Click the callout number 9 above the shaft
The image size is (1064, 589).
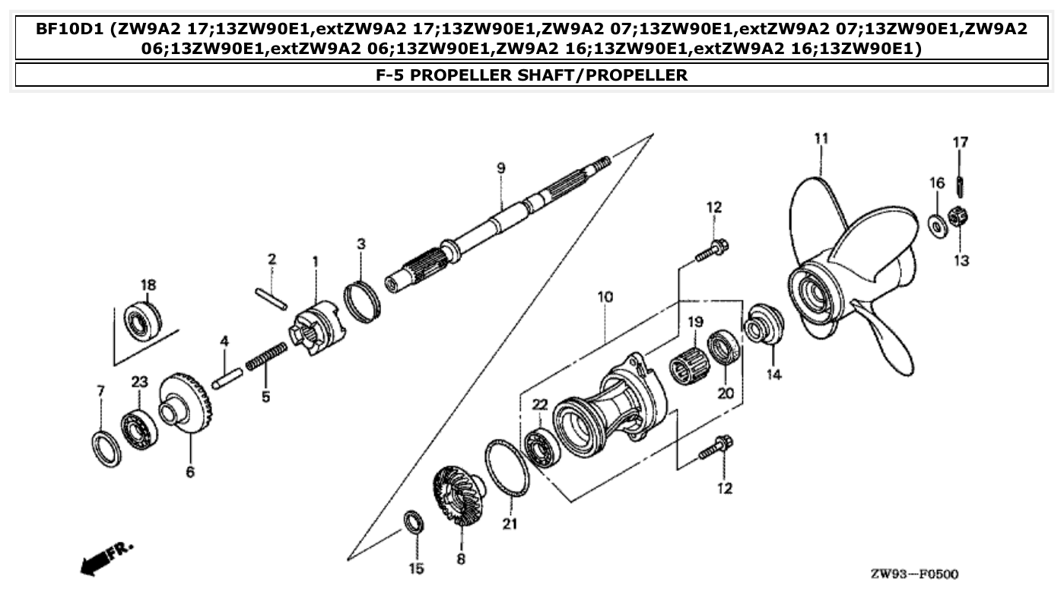pos(501,168)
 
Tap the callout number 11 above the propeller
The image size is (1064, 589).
pos(821,138)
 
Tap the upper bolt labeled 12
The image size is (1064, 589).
pos(713,251)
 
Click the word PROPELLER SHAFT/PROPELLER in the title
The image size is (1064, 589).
pos(532,75)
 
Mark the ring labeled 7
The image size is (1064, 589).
pos(106,448)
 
